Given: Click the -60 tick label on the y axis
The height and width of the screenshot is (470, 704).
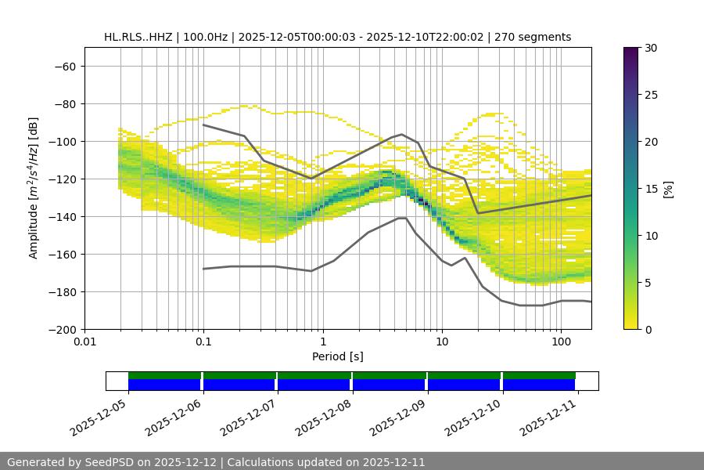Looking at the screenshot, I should point(65,67).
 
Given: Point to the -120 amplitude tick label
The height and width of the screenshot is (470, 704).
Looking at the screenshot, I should point(62,179).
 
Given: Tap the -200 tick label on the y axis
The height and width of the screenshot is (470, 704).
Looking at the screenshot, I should point(62,330).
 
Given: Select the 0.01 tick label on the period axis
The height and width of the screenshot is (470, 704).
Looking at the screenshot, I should point(84,342).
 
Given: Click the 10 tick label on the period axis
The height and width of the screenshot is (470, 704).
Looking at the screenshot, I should point(442,342).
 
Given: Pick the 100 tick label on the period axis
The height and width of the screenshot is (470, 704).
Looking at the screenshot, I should point(561,342).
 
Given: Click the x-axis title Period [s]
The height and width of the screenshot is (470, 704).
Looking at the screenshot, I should point(337,356).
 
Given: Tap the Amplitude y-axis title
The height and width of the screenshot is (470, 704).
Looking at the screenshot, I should point(34,188).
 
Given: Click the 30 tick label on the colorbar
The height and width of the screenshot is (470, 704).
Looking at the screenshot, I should point(650,48).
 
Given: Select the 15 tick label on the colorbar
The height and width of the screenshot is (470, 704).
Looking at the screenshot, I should point(650,189).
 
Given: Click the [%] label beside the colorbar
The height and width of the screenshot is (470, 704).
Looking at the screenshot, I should point(667,189).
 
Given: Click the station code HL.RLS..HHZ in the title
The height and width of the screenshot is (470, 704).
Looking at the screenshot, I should point(140,37).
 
